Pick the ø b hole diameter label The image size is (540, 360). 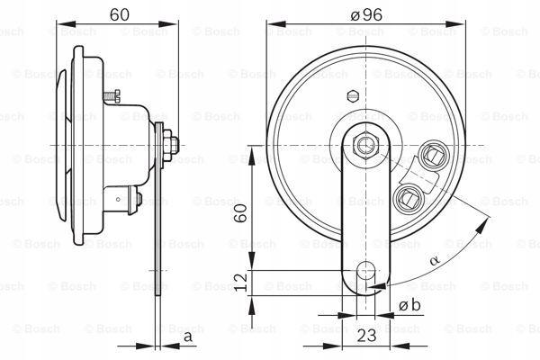pyautogui.click(x=410, y=307)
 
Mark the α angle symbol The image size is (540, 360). pyautogui.click(x=435, y=259)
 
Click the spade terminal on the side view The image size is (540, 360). pyautogui.click(x=127, y=196)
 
